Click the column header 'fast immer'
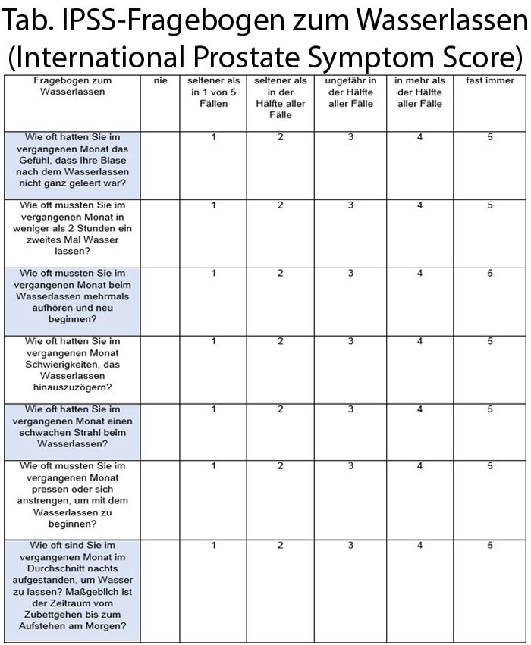[x=489, y=80]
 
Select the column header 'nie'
[x=159, y=80]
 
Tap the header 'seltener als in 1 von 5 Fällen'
[x=214, y=92]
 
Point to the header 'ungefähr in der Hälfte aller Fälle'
[x=350, y=92]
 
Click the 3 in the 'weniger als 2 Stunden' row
[x=350, y=205]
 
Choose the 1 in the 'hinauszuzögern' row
[x=214, y=341]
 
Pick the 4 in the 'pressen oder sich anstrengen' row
[x=419, y=466]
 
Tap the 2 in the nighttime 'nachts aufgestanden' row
[x=280, y=545]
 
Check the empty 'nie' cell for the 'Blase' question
[x=159, y=164]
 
